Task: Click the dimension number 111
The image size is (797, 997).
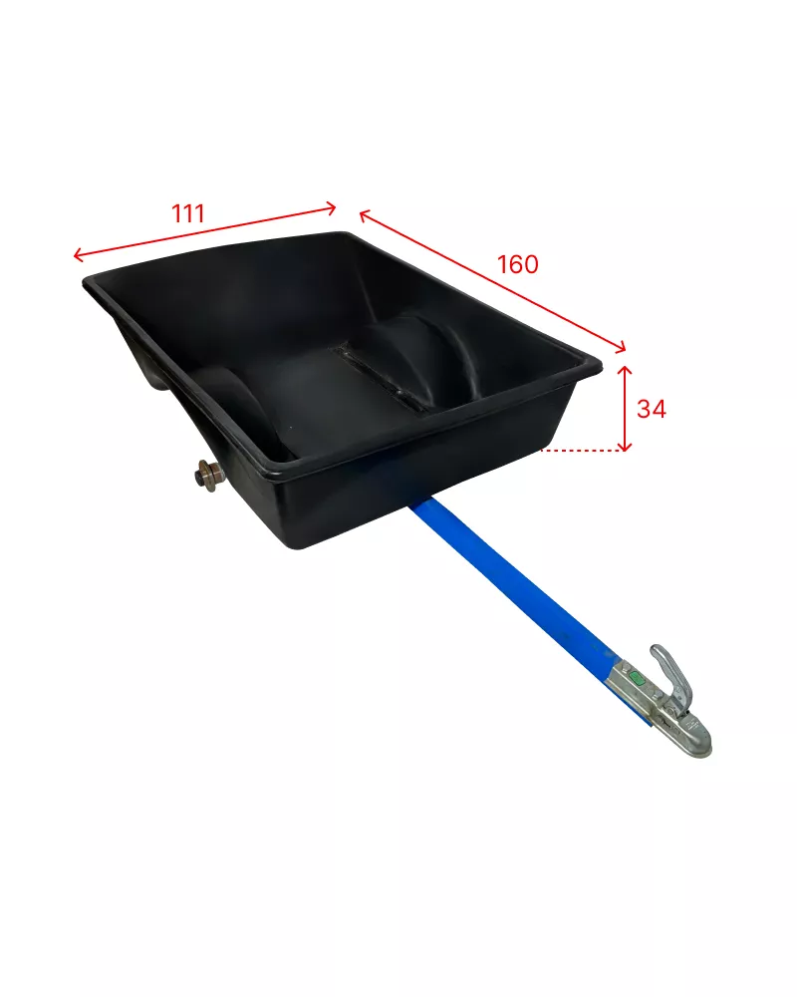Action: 188,213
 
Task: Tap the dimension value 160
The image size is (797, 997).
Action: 517,264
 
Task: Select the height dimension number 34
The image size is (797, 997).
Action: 652,409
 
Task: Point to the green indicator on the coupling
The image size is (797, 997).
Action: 637,674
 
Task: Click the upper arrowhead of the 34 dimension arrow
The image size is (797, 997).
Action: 625,371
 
